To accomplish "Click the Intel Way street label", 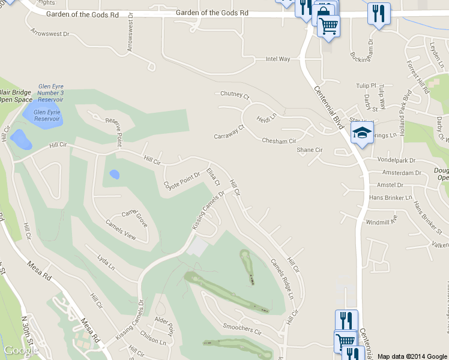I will (278, 59).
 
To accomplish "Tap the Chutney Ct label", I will (235, 94).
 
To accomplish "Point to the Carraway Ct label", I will (230, 132).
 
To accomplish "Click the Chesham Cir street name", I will (279, 141).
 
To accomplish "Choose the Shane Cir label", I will (310, 150).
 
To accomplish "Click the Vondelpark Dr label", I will (397, 160).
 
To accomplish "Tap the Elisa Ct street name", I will (213, 178).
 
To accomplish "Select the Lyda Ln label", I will (106, 260).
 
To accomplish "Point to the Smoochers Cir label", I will (243, 331).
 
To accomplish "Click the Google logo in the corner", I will (22, 350).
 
